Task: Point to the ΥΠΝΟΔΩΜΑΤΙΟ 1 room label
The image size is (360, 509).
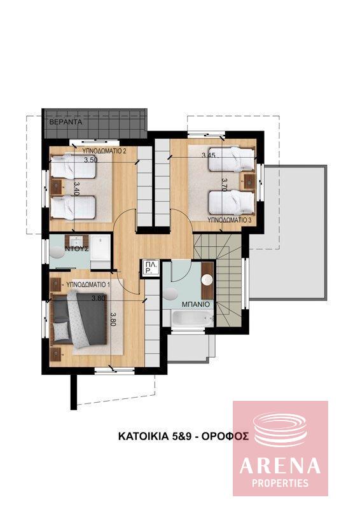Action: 89,284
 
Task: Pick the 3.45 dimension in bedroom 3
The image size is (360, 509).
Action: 209,155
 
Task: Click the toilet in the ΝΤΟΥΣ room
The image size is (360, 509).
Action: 59,251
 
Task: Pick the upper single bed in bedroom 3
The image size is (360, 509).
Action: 231,159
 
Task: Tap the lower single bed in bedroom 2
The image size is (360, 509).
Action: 73,205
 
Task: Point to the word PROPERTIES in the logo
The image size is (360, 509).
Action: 280,483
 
